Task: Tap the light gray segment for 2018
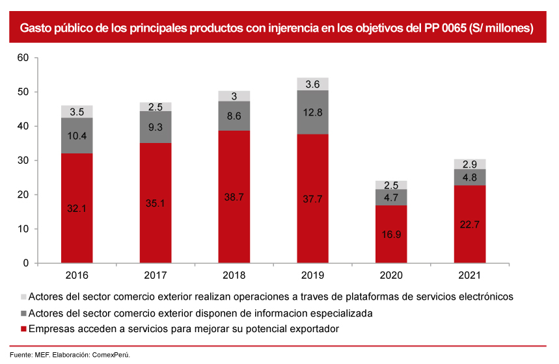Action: [234, 96]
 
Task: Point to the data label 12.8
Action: [312, 112]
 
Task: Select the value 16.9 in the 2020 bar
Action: [391, 234]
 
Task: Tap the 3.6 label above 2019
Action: [312, 84]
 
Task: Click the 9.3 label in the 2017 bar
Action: [156, 128]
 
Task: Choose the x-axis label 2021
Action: [470, 276]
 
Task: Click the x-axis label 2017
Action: [156, 276]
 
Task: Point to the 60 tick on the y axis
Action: [23, 58]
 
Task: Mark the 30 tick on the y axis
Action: [23, 161]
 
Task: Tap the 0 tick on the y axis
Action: [26, 263]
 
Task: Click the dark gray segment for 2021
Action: [470, 177]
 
